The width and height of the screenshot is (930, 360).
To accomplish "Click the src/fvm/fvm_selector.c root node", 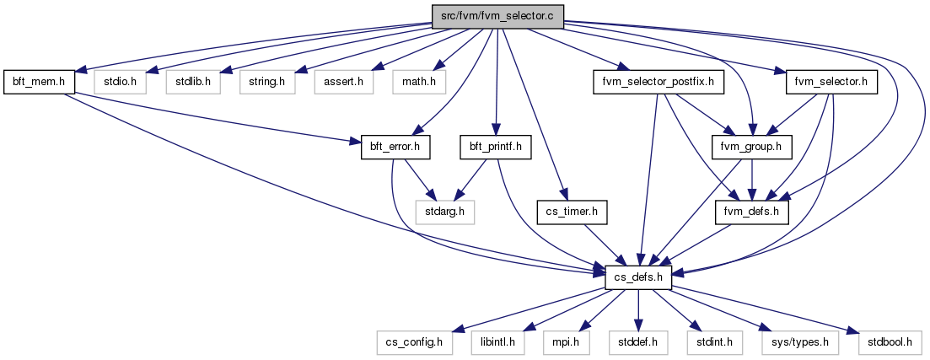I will coord(497,15).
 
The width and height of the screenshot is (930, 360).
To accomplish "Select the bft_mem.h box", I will coord(39,82).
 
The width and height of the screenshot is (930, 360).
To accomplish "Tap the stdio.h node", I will coord(119,82).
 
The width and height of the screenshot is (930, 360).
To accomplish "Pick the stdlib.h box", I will coord(193,82).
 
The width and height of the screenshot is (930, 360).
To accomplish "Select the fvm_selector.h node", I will coord(831,82).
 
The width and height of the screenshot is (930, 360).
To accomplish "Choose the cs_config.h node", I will coord(414,342).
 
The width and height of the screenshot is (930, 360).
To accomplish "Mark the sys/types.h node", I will coord(800,342).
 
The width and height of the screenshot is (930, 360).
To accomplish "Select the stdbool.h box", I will coord(890,342).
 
